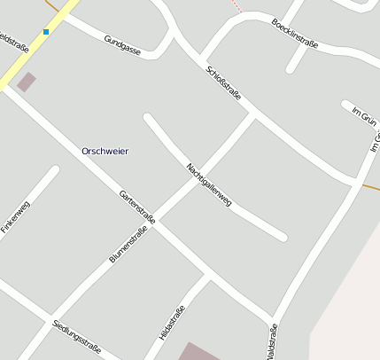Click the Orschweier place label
(105, 151)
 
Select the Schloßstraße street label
(223, 82)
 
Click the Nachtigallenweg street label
(209, 184)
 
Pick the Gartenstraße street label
(137, 206)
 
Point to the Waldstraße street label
(271, 340)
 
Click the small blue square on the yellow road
(46, 32)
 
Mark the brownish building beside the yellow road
(27, 82)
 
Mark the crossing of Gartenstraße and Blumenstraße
(156, 222)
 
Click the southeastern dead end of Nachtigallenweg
(283, 237)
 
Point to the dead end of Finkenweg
(55, 169)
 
